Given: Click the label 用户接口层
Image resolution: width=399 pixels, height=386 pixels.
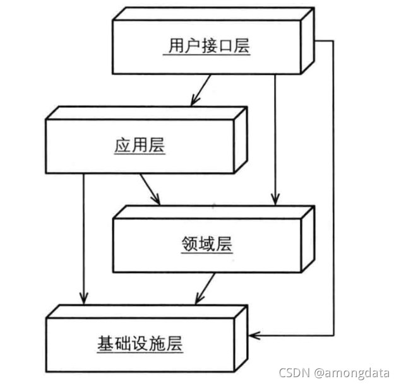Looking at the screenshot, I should pyautogui.click(x=207, y=46).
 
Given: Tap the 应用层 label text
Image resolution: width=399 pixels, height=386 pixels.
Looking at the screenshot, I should pyautogui.click(x=139, y=146).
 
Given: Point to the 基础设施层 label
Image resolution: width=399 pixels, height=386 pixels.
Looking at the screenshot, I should pyautogui.click(x=141, y=344).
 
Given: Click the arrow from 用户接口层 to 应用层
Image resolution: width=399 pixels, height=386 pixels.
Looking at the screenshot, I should pyautogui.click(x=201, y=90).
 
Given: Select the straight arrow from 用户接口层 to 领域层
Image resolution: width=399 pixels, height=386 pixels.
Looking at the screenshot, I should pyautogui.click(x=275, y=139).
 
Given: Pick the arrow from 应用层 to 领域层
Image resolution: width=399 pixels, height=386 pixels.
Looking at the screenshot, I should pyautogui.click(x=149, y=189).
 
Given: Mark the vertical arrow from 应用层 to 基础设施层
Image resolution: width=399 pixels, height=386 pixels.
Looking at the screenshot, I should pyautogui.click(x=83, y=240).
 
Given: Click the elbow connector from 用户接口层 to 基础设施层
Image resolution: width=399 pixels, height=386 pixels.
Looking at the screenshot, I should pyautogui.click(x=332, y=189).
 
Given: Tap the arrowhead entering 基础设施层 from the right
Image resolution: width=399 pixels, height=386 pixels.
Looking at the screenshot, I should pyautogui.click(x=254, y=334).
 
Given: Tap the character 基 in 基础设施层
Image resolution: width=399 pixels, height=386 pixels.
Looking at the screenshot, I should pyautogui.click(x=106, y=344).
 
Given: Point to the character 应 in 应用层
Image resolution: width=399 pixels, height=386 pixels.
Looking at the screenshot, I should pyautogui.click(x=122, y=146).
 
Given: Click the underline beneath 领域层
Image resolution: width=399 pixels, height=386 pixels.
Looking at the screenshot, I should pyautogui.click(x=206, y=254).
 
